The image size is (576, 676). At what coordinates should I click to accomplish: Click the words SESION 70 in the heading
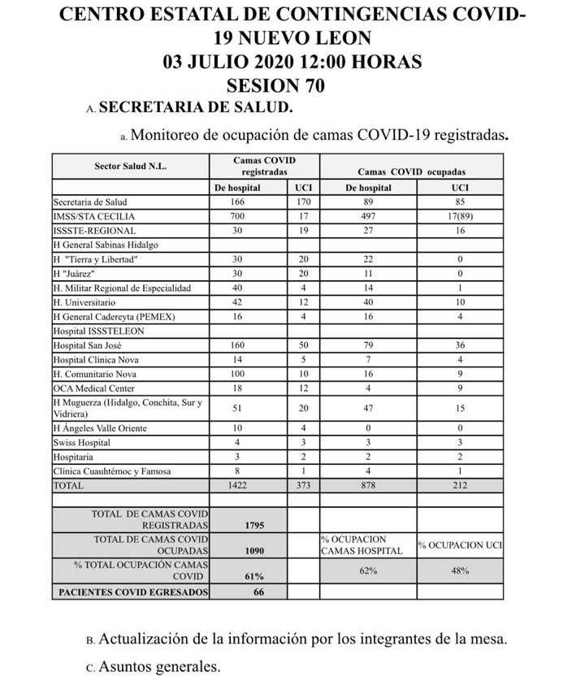tap(276, 84)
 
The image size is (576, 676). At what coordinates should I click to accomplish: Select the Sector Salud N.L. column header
tap(130, 166)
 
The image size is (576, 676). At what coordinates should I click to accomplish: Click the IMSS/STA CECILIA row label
tap(93, 216)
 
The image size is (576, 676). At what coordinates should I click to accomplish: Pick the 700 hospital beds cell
tap(237, 216)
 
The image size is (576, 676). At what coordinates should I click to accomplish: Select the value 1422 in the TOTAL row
tap(237, 485)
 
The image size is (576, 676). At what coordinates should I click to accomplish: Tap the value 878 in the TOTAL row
tap(368, 485)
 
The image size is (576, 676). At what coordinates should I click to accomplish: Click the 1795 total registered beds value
tap(253, 525)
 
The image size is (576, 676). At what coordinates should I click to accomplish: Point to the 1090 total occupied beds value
tap(253, 550)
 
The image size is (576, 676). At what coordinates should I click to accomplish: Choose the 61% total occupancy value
tap(253, 575)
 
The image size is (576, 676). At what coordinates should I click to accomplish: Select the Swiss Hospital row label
tap(82, 443)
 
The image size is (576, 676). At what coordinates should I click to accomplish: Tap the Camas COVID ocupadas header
tap(417, 171)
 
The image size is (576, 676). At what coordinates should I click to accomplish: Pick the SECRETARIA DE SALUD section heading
tap(195, 107)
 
